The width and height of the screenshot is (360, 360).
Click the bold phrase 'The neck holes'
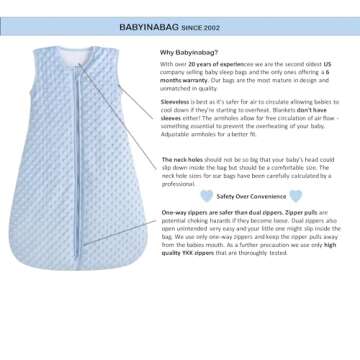coord(181,159)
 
